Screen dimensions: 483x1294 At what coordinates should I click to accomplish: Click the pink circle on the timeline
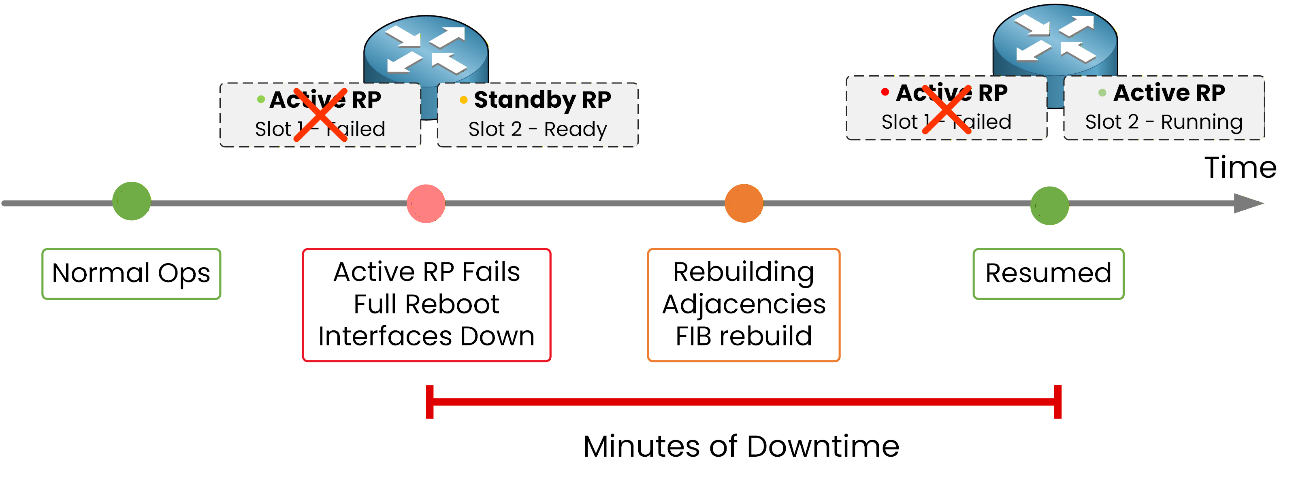tap(426, 203)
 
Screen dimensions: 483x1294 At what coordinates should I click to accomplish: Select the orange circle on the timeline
tap(744, 203)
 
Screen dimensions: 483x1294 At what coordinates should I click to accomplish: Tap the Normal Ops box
tap(131, 274)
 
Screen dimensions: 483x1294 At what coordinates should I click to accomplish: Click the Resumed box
tap(1048, 274)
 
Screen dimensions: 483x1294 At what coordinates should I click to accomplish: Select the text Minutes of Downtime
tap(741, 446)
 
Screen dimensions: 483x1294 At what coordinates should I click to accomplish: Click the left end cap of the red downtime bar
tap(429, 402)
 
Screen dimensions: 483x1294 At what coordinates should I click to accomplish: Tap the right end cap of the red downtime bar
tap(1057, 402)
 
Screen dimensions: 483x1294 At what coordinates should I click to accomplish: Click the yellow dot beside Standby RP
tap(463, 100)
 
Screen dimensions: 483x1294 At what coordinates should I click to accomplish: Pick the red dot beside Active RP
tap(885, 92)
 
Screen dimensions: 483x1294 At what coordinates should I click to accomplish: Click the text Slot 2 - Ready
tap(537, 129)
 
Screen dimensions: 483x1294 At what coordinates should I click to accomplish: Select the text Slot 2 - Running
tap(1164, 122)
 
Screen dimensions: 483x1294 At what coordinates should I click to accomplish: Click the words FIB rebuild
tap(744, 336)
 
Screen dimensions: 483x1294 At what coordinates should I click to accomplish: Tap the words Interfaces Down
tap(426, 336)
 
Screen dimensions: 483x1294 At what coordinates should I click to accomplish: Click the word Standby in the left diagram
tap(524, 100)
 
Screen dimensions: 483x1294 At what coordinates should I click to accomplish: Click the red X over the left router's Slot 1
tap(320, 115)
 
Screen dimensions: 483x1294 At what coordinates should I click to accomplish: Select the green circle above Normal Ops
tap(131, 201)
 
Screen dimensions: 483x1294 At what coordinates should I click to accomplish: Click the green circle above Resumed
tap(1049, 205)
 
